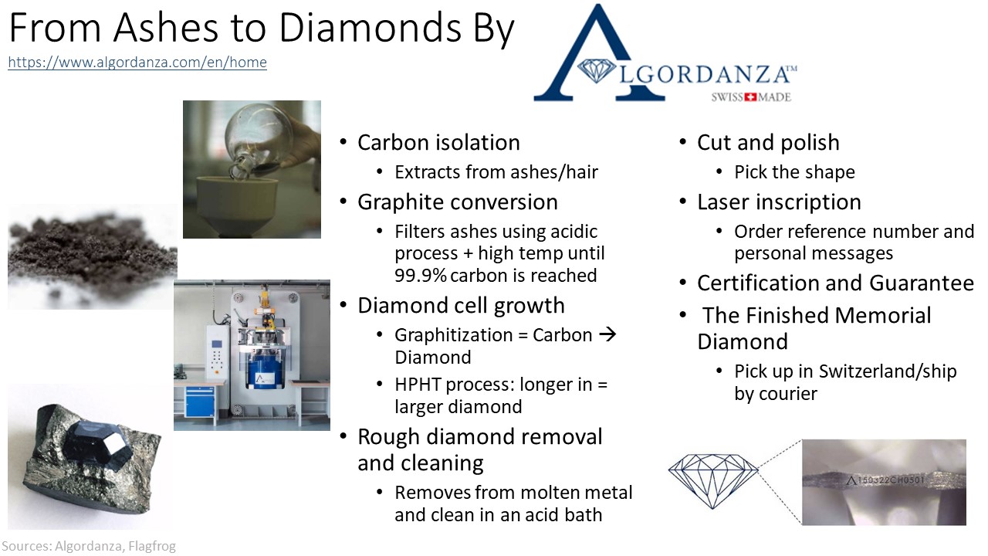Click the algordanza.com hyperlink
coord(137,63)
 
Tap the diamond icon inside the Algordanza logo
coord(597,70)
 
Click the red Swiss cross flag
coord(750,97)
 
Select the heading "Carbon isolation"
coord(438,143)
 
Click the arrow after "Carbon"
coord(607,334)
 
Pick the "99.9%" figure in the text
coord(421,276)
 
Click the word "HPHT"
coord(418,385)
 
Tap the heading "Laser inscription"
coord(779,202)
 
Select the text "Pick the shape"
coord(794,172)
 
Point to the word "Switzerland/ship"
coord(888,371)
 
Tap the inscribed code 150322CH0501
coord(889,480)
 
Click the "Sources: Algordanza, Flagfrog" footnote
coord(89,546)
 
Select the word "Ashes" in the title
coord(165,29)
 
